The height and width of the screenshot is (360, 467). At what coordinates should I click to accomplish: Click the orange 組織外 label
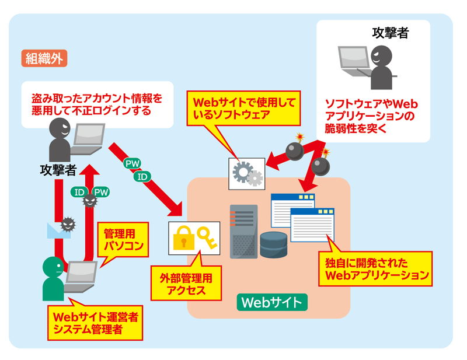[44, 58]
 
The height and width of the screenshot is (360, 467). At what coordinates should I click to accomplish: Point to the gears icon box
[247, 172]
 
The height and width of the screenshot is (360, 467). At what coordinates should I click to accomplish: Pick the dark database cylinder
[274, 244]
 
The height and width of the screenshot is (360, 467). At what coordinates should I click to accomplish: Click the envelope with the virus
[62, 227]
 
